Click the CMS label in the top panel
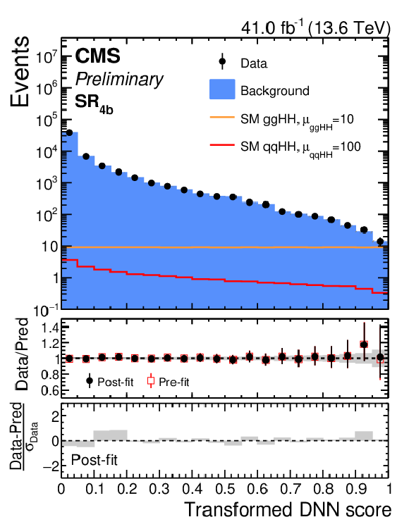97,56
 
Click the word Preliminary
119,80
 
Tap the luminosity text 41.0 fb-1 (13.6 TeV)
315,27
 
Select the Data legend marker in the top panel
222,61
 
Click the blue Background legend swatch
222,89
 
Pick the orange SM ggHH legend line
222,118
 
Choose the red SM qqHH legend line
222,145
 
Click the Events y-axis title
20,72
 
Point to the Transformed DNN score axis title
288,509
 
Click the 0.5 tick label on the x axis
225,489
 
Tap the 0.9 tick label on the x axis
355,489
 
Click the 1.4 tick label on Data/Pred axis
49,328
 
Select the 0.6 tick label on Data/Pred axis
49,391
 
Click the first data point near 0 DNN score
70,132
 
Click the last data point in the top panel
380,242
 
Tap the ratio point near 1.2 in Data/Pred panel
364,344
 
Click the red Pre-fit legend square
151,381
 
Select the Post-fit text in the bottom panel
94,460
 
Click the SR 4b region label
94,103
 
